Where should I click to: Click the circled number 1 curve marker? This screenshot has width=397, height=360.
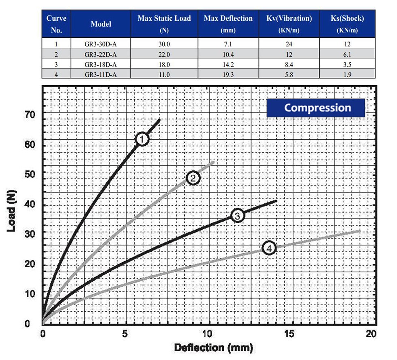pos(142,139)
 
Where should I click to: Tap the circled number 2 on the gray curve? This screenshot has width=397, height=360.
pos(193,178)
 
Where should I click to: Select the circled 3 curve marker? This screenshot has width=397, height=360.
pos(238,216)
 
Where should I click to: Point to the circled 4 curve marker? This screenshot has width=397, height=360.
pos(269,248)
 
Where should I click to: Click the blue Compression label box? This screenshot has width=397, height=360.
pos(315,108)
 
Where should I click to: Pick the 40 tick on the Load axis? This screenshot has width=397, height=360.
pos(29,204)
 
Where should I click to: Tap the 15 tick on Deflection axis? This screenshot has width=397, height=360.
pos(290,334)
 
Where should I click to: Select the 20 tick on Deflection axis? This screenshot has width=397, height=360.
pos(371,334)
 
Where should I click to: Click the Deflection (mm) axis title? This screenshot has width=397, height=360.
pos(213,348)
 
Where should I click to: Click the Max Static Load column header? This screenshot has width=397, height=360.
pos(164,24)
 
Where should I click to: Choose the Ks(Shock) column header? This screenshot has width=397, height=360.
pos(347,24)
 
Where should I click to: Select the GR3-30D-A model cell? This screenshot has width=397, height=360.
pos(101,44)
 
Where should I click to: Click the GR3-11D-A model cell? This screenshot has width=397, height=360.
pos(101,74)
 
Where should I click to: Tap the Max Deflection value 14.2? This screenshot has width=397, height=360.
pos(228,64)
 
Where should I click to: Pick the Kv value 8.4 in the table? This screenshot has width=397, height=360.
pos(289,64)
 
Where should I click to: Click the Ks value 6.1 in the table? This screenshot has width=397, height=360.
pos(347,54)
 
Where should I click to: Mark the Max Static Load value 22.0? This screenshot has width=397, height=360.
pos(164,54)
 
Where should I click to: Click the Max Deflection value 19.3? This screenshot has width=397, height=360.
pos(228,74)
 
